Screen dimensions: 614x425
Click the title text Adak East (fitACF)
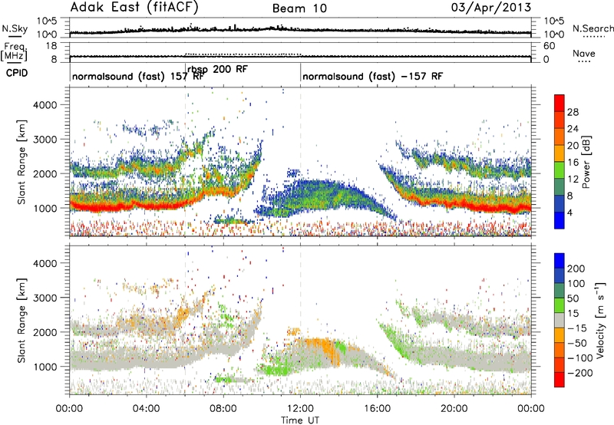coord(134,8)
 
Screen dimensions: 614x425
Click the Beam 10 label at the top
coord(299,8)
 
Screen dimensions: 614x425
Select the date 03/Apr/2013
coord(491,8)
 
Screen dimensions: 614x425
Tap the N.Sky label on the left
coord(15,28)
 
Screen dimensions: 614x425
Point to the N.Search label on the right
coord(593,28)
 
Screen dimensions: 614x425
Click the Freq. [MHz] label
coord(14,51)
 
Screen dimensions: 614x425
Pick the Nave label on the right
coord(584,53)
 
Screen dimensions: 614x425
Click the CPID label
coord(17,73)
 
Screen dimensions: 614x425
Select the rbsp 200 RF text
coord(217,69)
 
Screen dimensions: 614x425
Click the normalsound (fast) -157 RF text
coord(372,76)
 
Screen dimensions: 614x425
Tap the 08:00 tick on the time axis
coord(223,409)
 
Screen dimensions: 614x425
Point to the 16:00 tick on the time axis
coord(377,409)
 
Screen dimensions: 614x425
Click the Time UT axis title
coord(300,420)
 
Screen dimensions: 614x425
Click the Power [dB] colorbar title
coord(586,162)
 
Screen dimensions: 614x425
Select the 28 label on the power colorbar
coord(573,112)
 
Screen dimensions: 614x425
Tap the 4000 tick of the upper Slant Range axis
coord(45,105)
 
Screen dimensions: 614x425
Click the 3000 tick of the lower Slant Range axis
coord(45,298)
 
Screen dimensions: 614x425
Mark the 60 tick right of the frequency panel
coord(549,46)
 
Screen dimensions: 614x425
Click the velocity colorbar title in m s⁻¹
coord(600,320)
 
